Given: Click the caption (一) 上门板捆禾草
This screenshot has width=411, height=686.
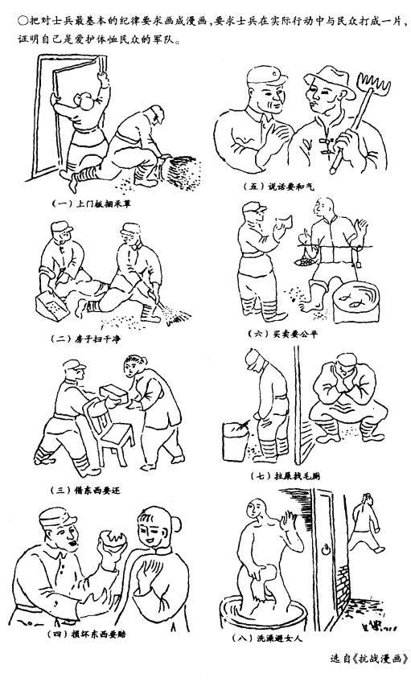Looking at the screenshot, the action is coord(91,203).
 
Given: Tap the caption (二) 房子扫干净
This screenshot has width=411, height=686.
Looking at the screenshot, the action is coord(85,339).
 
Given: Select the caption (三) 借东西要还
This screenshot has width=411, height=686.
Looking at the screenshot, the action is coord(85,491).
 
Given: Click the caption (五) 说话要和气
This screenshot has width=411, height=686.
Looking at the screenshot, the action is coord(278,187).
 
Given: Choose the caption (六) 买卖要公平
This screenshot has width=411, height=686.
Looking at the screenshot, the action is coord(283,335).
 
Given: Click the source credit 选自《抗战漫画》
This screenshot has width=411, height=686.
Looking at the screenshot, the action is coord(369,659).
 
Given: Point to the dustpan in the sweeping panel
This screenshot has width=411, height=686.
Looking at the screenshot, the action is coord(51,306).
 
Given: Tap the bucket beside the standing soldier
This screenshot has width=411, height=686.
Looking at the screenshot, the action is coord(236,441).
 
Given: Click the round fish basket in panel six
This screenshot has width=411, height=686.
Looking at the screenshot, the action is coord(356,301).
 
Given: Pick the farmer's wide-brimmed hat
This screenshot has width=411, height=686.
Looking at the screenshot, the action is coord(329,82).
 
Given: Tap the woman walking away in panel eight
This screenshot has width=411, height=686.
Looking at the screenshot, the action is coord(365,523).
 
